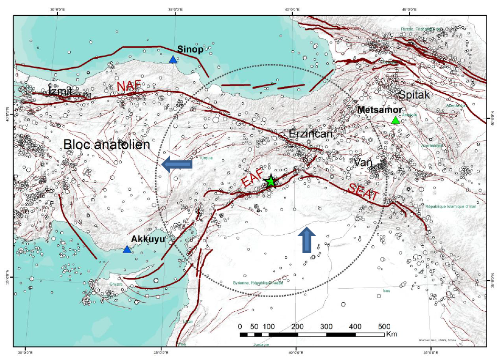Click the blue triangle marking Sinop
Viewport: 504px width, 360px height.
point(173,60)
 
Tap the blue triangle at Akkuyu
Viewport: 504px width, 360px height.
point(127,249)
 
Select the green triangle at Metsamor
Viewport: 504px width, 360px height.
point(395,121)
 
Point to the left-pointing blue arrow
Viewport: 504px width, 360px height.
point(176,165)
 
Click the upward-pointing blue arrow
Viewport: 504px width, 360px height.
point(307,240)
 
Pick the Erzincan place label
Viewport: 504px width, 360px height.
point(311,135)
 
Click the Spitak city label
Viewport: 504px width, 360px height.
point(414,95)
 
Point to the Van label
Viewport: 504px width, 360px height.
point(362,163)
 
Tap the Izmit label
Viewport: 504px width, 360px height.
point(60,92)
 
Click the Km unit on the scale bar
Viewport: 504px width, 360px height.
point(391,335)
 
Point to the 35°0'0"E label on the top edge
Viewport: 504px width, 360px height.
point(175,9)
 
